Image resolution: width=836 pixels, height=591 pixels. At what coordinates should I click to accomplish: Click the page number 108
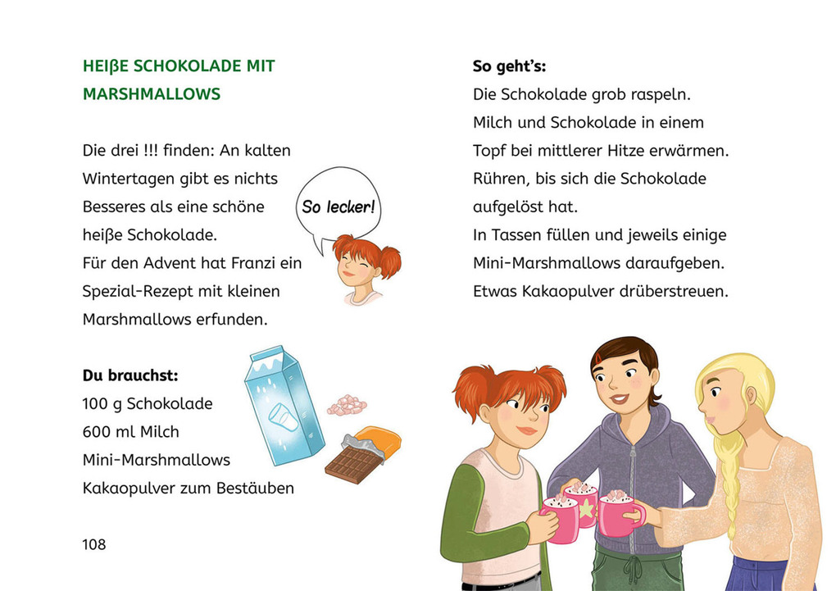point(94,544)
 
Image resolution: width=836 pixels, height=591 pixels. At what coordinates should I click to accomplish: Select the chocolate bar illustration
point(359,456)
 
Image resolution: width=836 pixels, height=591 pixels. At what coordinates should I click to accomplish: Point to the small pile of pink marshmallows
point(348,404)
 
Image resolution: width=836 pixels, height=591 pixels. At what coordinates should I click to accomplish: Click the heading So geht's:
point(509,66)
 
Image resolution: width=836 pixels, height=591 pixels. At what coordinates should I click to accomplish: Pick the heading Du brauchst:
point(130,375)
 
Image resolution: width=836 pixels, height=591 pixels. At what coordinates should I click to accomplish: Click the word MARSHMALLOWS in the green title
point(152,94)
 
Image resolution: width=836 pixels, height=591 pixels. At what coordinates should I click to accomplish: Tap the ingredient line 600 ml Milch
point(130,432)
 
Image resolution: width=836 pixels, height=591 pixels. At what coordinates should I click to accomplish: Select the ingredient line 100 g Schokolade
point(148,404)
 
